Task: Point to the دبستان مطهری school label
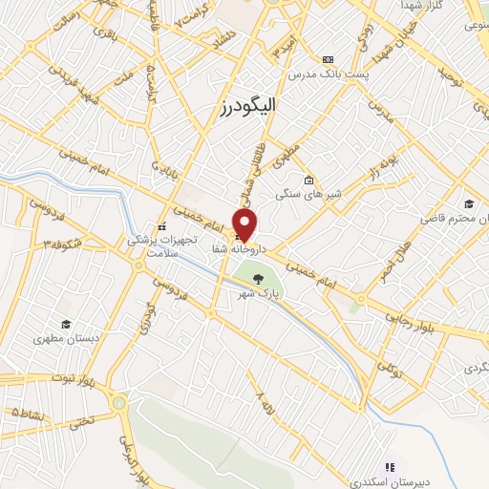[x=60, y=338]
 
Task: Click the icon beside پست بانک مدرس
[x=329, y=59]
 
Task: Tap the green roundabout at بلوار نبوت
[x=118, y=403]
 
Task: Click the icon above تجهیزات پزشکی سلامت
[x=161, y=226]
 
